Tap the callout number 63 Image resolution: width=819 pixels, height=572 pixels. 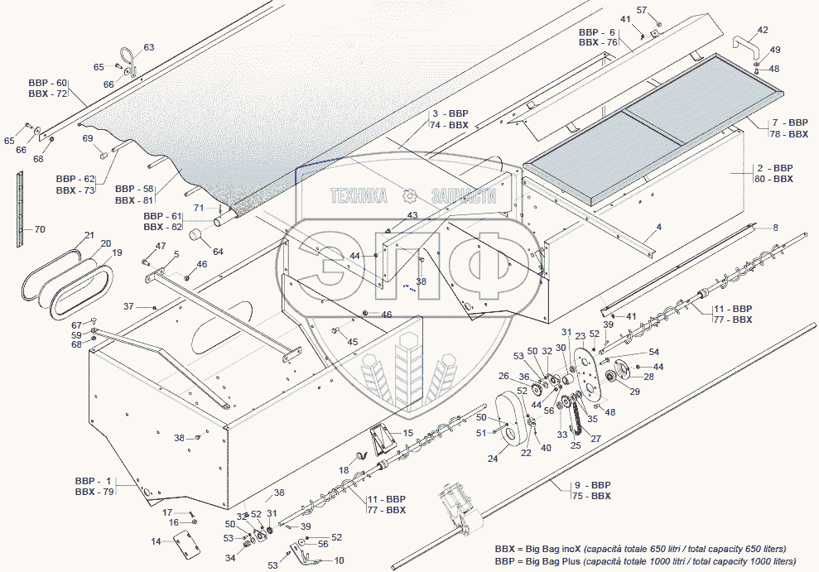149,47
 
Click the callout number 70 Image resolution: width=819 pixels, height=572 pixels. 40,229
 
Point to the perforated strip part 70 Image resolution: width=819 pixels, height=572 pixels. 20,209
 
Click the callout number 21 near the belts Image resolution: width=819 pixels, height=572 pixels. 89,235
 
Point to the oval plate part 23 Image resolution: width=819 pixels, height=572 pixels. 586,373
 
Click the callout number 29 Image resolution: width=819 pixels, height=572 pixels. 634,392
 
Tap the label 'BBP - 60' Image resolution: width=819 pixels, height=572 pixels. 48,83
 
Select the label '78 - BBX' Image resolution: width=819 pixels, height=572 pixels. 788,134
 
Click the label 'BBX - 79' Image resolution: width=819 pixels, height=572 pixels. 94,492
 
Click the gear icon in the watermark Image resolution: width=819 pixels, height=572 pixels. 409,195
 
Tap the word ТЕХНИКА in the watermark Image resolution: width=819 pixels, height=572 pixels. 359,195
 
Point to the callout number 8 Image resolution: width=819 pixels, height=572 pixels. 776,228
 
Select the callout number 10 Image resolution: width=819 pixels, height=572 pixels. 339,560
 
